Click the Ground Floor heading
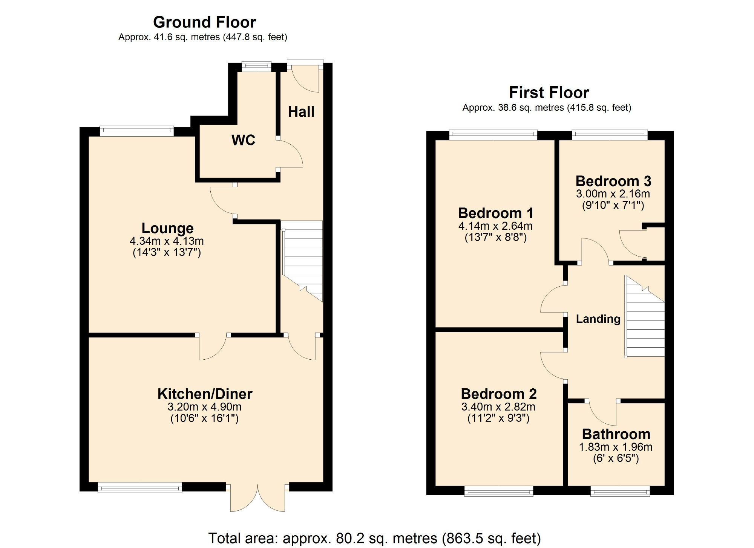click(204, 22)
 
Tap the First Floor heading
click(549, 93)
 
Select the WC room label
click(243, 140)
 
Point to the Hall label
click(301, 112)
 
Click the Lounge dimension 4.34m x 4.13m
click(167, 241)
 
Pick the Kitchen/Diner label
click(205, 394)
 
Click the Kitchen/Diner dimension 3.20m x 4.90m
click(204, 407)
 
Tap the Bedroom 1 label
click(495, 213)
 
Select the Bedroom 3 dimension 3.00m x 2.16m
click(613, 194)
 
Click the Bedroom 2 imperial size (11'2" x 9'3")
click(498, 418)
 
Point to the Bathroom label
click(616, 434)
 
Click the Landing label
click(598, 319)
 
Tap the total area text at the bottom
click(374, 538)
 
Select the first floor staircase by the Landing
click(645, 320)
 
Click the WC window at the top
click(256, 67)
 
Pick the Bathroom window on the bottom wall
click(620, 491)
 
